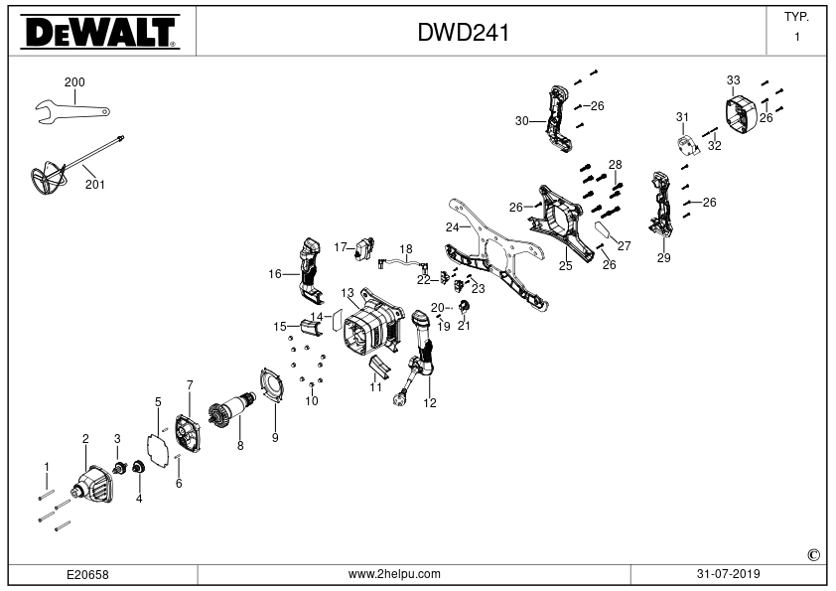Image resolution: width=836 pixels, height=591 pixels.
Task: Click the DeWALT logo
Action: click(x=100, y=32)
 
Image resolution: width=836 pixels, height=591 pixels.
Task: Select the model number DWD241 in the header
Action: click(x=463, y=33)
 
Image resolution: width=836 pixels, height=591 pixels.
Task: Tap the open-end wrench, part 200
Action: click(x=72, y=112)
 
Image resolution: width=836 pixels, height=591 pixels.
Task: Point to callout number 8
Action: click(x=240, y=445)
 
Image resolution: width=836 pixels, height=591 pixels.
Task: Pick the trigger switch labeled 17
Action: click(x=363, y=249)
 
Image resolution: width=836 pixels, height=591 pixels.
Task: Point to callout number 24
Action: click(x=452, y=227)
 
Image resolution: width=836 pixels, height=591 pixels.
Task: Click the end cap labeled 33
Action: click(x=742, y=114)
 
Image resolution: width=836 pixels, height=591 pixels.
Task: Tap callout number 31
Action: click(x=682, y=117)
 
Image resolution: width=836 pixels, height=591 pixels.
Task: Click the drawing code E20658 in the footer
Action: click(x=87, y=574)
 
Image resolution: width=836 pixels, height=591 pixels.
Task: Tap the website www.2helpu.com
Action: click(x=394, y=574)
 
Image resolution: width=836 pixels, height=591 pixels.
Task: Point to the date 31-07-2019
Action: click(x=729, y=574)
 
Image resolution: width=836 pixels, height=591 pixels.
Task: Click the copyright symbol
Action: click(x=813, y=555)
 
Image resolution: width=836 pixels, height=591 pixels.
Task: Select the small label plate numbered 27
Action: click(x=605, y=231)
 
